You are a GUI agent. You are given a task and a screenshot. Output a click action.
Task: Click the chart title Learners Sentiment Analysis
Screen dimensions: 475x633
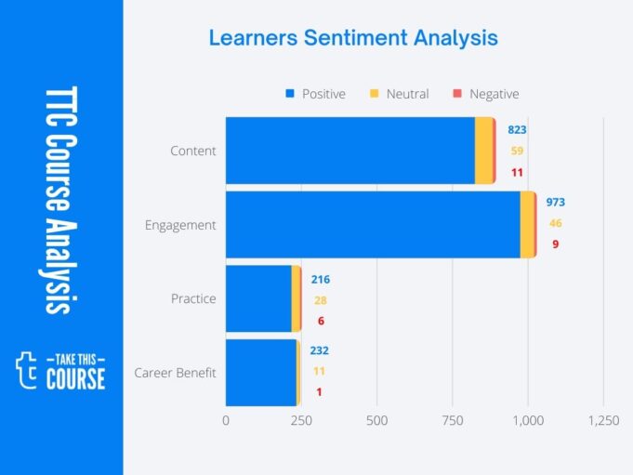(x=352, y=38)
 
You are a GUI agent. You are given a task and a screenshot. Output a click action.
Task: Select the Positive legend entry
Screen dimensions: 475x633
(x=315, y=94)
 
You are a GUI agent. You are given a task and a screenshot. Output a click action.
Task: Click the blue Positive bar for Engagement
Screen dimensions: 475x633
(x=372, y=225)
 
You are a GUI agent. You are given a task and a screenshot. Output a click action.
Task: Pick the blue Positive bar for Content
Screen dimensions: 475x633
(x=349, y=151)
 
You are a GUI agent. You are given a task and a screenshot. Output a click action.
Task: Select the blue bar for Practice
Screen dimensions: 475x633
(x=258, y=298)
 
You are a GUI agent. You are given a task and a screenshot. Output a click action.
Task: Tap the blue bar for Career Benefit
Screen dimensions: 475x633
(x=260, y=372)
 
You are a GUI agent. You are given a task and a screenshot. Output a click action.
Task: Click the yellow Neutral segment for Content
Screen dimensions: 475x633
(x=483, y=151)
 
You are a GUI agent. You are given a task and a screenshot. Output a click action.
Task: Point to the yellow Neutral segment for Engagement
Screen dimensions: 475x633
(x=527, y=225)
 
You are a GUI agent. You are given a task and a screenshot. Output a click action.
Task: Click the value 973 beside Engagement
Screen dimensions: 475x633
(x=555, y=203)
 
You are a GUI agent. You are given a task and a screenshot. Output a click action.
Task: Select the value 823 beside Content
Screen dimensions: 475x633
(x=516, y=129)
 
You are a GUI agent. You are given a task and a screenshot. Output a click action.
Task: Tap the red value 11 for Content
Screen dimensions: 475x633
(x=516, y=172)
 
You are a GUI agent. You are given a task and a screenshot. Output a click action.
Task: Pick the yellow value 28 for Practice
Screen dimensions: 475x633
(x=320, y=300)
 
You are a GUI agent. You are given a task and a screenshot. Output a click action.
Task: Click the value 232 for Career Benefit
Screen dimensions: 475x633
(x=319, y=350)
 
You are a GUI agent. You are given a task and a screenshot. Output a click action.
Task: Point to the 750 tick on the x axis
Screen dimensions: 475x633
(x=452, y=421)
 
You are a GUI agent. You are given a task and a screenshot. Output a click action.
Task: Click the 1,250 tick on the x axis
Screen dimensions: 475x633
(x=603, y=421)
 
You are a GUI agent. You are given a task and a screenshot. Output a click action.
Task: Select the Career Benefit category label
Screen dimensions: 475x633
(x=175, y=373)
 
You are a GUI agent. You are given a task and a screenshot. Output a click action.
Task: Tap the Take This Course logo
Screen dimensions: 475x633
(x=61, y=369)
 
